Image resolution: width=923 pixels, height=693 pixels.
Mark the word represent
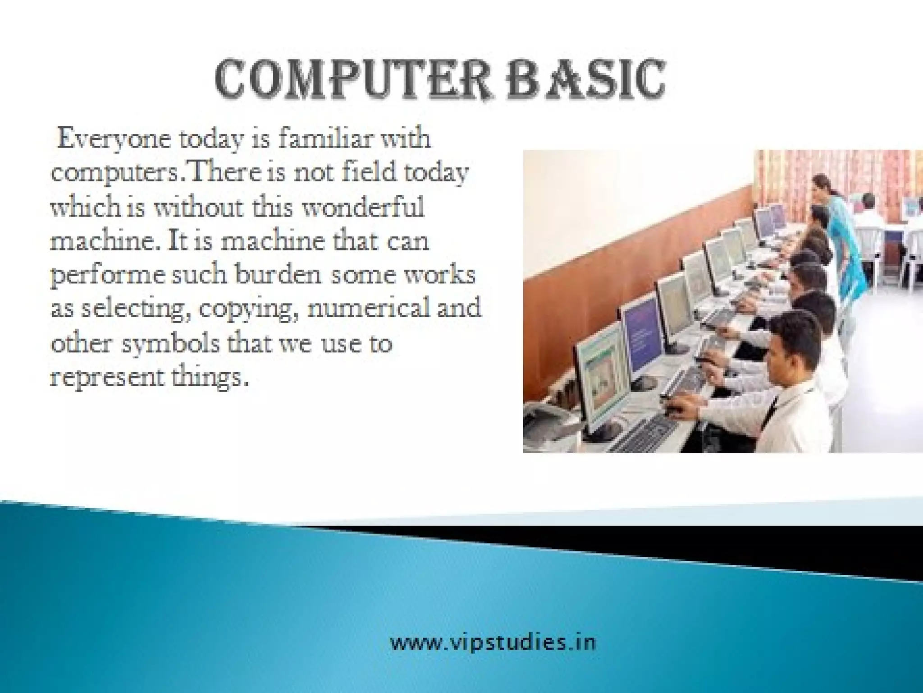coord(104,378)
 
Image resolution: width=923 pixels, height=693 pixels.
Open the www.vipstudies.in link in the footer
coord(492,642)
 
